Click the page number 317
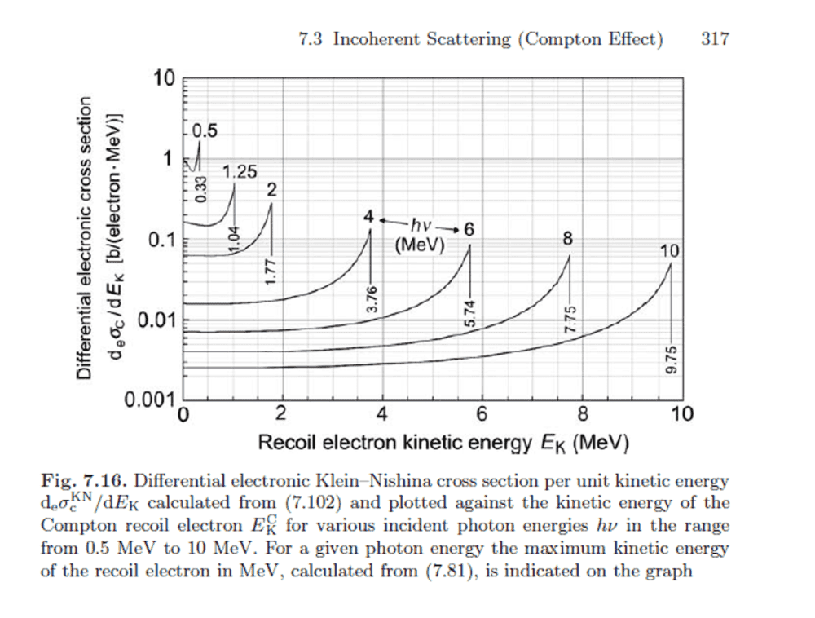click(715, 39)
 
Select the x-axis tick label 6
click(482, 414)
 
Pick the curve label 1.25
click(240, 172)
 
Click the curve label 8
click(567, 239)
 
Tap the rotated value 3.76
click(372, 300)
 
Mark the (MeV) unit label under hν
click(420, 245)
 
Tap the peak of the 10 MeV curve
click(670, 263)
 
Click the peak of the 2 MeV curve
click(271, 204)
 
